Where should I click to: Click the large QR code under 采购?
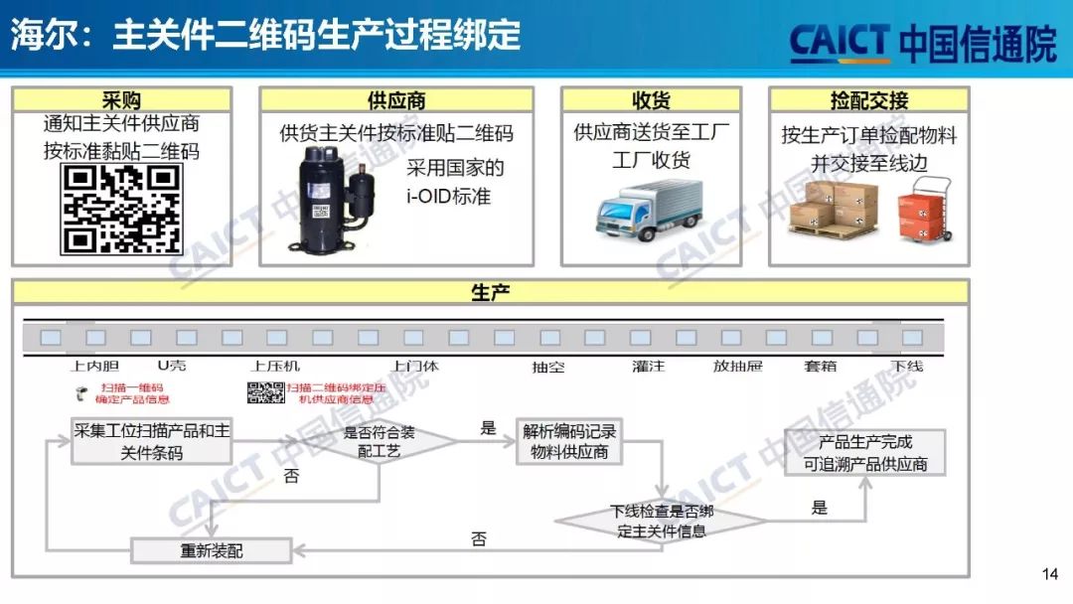pos(122,209)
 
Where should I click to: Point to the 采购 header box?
pos(121,100)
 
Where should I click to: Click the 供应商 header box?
pos(396,100)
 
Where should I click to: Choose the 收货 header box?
pos(651,100)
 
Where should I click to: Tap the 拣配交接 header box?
pos(868,100)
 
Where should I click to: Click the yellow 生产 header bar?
pos(490,292)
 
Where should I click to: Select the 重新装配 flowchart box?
pos(212,549)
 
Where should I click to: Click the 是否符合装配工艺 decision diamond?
pos(379,440)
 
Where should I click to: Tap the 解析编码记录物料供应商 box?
pos(569,441)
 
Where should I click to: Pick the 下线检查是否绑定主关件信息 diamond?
pos(661,522)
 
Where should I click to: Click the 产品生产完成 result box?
pos(864,453)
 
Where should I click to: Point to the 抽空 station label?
pos(548,367)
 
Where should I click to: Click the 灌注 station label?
pos(648,367)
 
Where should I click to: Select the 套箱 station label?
pos(820,367)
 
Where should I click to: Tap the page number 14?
pos(1050,573)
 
